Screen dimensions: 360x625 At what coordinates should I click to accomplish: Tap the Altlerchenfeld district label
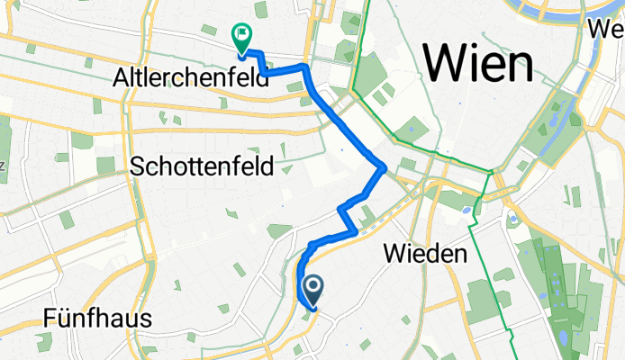pyautogui.click(x=190, y=78)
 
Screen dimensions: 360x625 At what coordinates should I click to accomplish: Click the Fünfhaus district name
pyautogui.click(x=95, y=319)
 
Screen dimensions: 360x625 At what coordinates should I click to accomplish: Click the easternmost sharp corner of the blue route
pyautogui.click(x=385, y=166)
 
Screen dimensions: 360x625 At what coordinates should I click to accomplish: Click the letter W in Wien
pyautogui.click(x=447, y=63)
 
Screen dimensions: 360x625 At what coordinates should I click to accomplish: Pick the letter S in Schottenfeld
pyautogui.click(x=138, y=166)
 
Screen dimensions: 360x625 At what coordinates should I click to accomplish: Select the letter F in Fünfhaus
pyautogui.click(x=50, y=319)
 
